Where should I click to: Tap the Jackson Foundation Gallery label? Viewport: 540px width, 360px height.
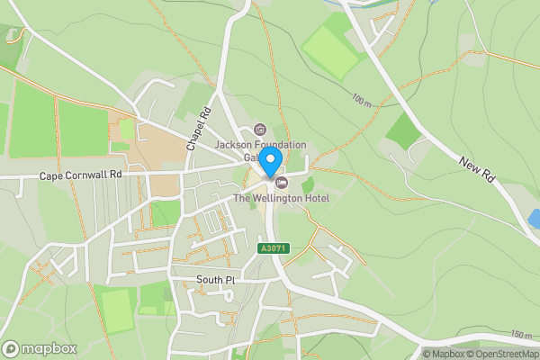click(x=261, y=145)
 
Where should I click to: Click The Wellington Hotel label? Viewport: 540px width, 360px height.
click(x=281, y=198)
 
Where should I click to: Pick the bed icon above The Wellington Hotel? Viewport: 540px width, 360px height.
click(x=269, y=183)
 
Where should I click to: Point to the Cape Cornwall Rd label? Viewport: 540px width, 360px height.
click(x=79, y=176)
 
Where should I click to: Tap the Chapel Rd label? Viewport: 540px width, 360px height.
click(x=197, y=130)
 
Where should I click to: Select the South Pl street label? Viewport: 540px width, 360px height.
click(x=215, y=281)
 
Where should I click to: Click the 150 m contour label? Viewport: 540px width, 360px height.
click(x=521, y=335)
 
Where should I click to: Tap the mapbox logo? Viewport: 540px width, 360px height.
click(x=40, y=348)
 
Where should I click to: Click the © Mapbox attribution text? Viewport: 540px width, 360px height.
click(x=445, y=354)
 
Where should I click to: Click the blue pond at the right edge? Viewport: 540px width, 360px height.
click(x=535, y=219)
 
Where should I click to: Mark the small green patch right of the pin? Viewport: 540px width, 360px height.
click(x=307, y=184)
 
